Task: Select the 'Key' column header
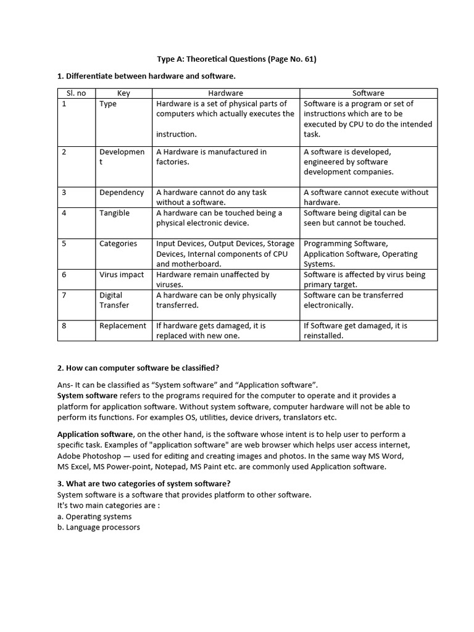123,93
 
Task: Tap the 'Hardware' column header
225,93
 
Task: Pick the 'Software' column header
368,93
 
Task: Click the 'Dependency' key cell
122,193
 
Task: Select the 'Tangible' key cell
115,213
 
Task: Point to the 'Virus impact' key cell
122,275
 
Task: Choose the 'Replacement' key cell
123,326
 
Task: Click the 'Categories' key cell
118,244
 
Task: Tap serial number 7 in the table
64,295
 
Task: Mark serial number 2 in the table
64,152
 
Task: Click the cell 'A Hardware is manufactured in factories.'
211,157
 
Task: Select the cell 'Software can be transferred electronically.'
353,300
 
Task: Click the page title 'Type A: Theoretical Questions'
237,59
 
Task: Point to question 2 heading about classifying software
138,368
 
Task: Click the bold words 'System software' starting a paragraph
87,396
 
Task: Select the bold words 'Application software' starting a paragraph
94,434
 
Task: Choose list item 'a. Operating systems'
94,517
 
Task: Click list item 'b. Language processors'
99,527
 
